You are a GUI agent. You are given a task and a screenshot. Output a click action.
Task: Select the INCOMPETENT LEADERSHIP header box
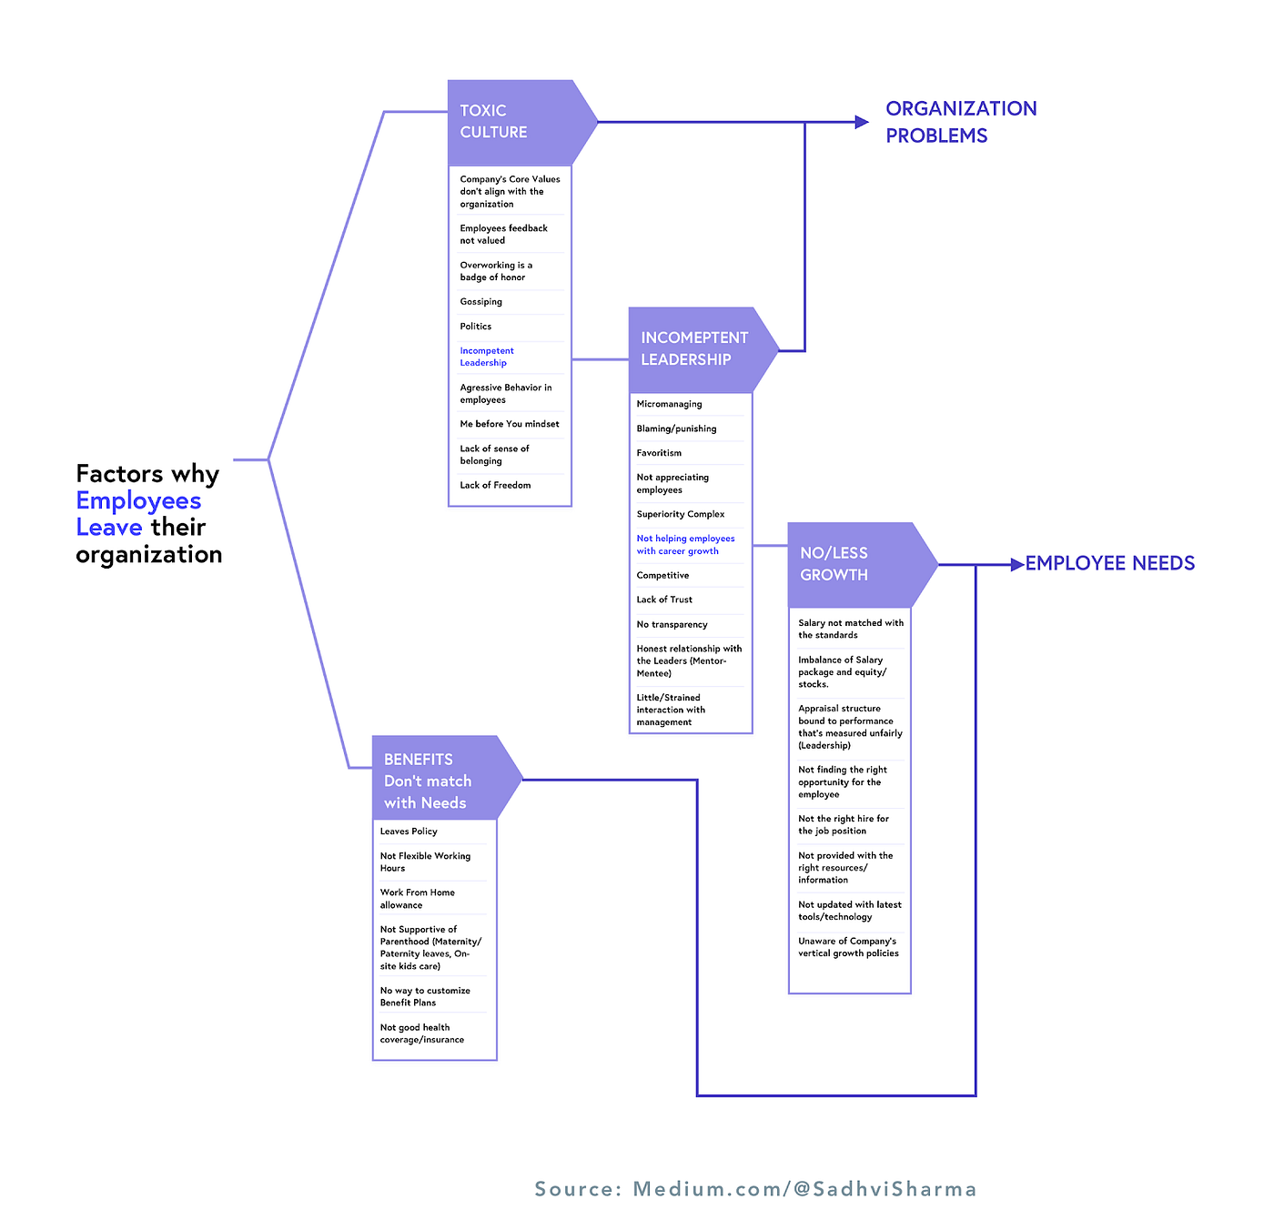click(693, 349)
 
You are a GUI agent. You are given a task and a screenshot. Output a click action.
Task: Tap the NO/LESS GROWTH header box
click(850, 564)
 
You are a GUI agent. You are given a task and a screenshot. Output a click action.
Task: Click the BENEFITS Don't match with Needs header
click(435, 781)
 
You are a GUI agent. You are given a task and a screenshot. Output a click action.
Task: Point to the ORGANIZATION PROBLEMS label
click(960, 122)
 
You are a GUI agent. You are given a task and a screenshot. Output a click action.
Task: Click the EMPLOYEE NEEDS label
click(1109, 563)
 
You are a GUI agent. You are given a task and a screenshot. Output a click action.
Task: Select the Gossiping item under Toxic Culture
click(481, 302)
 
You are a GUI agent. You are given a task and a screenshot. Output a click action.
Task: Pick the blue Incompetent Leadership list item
click(487, 357)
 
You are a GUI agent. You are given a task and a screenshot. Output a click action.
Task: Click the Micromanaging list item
click(669, 404)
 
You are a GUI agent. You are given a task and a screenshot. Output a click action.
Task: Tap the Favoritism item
click(659, 453)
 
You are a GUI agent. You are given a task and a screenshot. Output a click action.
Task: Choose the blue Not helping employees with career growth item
click(685, 545)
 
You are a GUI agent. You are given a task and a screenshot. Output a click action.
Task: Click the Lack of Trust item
click(664, 600)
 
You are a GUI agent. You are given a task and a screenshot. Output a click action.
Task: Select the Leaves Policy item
click(409, 832)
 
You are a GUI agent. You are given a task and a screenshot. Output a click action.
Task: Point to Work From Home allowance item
click(417, 899)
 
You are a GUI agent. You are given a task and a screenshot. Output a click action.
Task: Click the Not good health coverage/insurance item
click(421, 1033)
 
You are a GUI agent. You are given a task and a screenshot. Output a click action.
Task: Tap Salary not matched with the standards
click(850, 629)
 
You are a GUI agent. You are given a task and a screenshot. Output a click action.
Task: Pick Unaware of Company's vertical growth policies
click(848, 947)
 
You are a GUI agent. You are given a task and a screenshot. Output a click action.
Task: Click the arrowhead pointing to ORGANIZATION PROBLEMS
click(862, 122)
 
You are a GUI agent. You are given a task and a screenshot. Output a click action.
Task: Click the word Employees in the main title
click(138, 500)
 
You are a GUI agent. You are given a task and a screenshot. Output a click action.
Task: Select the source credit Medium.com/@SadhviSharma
click(755, 1189)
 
